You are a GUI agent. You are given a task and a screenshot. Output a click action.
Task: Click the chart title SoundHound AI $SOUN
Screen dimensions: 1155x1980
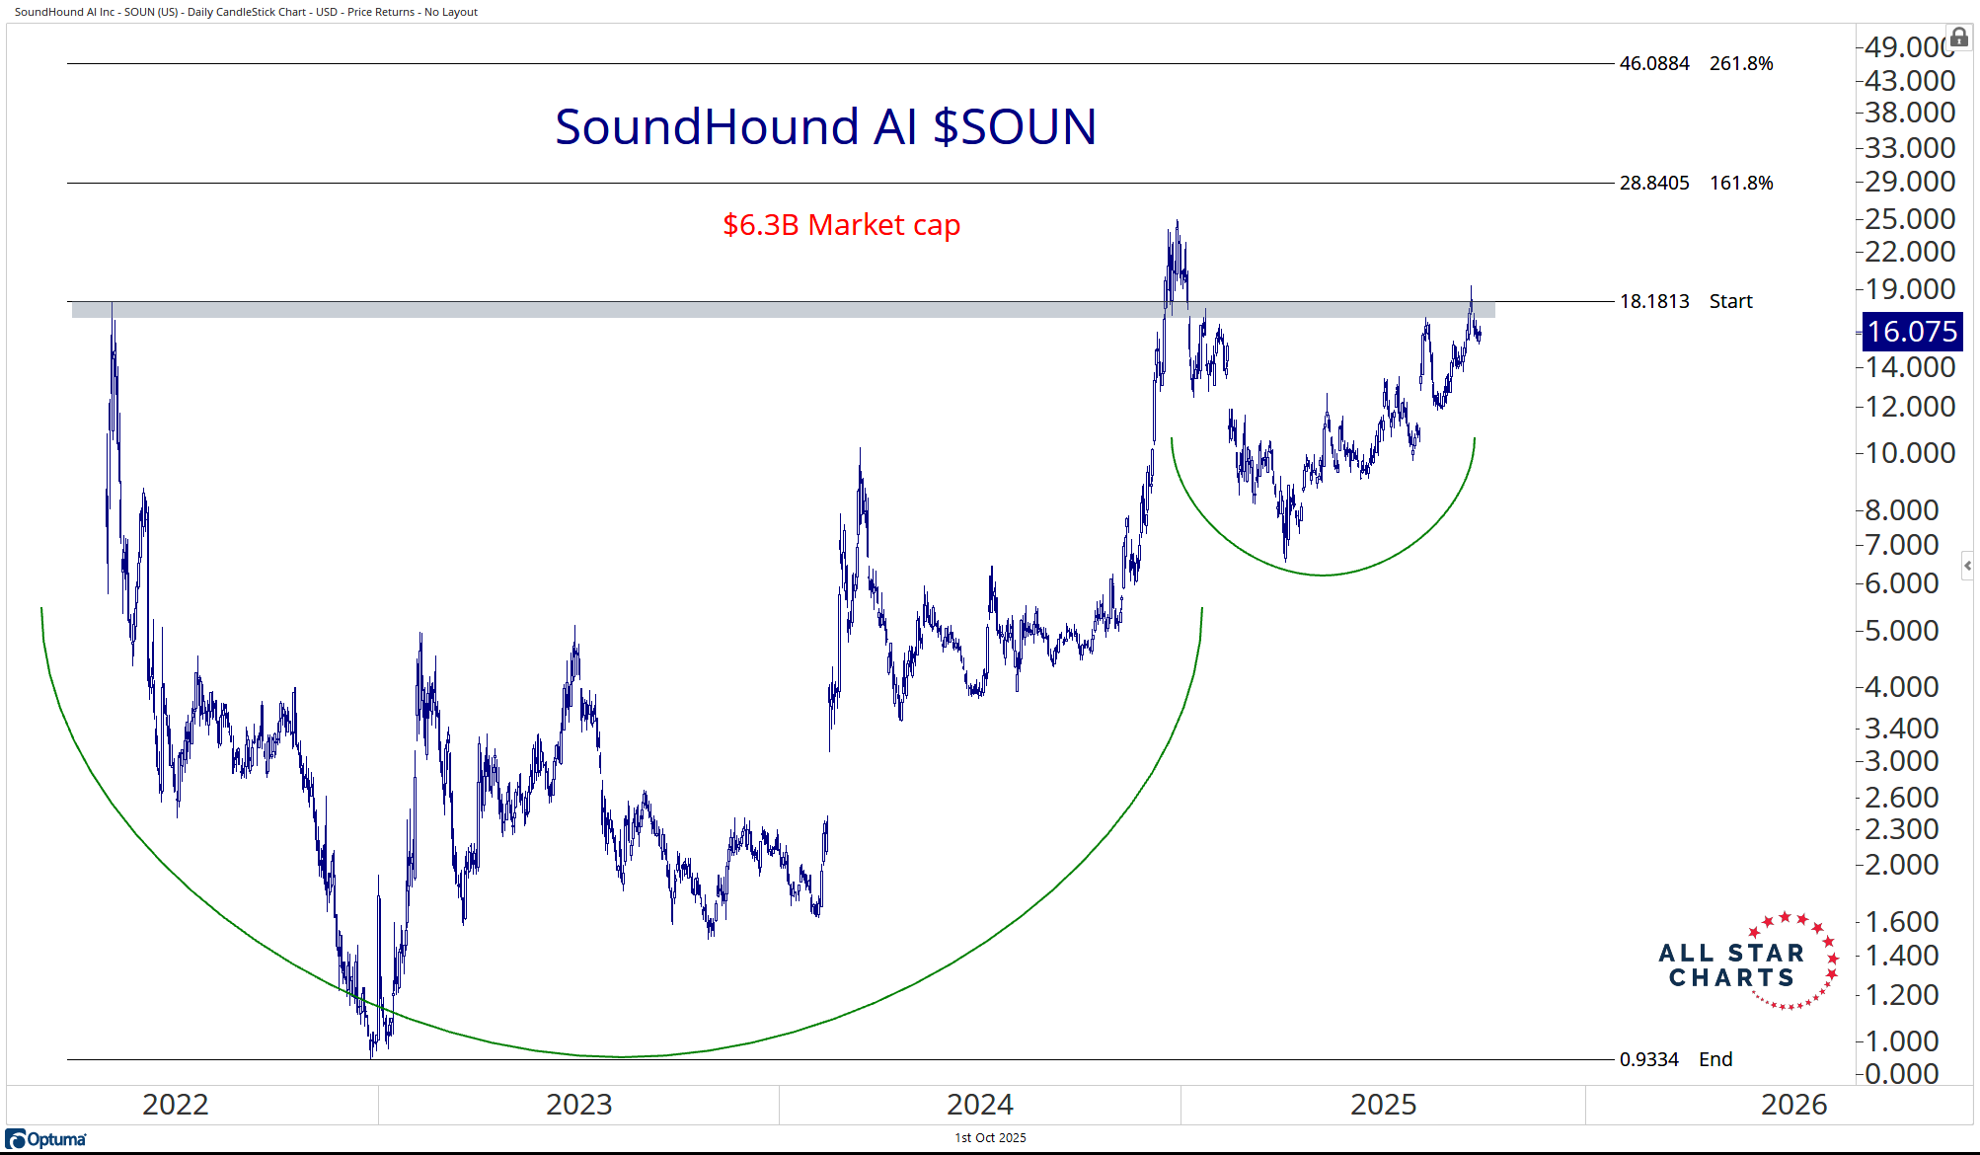pos(825,127)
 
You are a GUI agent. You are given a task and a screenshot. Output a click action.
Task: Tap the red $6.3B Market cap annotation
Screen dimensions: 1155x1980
pos(841,225)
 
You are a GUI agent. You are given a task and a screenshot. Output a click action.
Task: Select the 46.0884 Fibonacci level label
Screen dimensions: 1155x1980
pos(1654,64)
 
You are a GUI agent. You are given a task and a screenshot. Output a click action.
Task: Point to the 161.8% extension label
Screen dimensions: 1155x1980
pos(1741,183)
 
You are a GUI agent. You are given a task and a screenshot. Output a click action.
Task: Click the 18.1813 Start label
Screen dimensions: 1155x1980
pos(1685,301)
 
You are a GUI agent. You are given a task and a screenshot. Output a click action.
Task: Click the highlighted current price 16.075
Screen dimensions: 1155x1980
pos(1912,332)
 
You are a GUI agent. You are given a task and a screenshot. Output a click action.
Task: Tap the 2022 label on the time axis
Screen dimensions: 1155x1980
pos(176,1104)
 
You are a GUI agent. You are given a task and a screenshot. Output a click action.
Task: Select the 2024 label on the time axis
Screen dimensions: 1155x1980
pos(979,1104)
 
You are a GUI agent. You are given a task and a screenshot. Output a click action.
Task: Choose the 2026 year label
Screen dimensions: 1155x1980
pos(1793,1104)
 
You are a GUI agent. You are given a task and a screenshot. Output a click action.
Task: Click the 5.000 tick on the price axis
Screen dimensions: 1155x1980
pos(1902,630)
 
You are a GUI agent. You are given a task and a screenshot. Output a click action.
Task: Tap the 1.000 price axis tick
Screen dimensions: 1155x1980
pos(1902,1040)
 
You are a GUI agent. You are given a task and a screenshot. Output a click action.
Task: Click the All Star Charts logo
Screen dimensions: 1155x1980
pos(1748,963)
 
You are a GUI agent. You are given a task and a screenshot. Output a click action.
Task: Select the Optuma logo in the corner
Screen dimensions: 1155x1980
pos(46,1139)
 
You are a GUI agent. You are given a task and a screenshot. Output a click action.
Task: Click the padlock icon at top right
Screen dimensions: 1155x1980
pos(1959,38)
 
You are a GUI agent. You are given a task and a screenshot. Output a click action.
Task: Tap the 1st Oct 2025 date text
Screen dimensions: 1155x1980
pos(990,1138)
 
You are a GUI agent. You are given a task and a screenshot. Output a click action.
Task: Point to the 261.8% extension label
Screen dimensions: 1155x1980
pos(1741,64)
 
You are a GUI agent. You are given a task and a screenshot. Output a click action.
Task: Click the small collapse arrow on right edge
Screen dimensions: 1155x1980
pos(1967,566)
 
